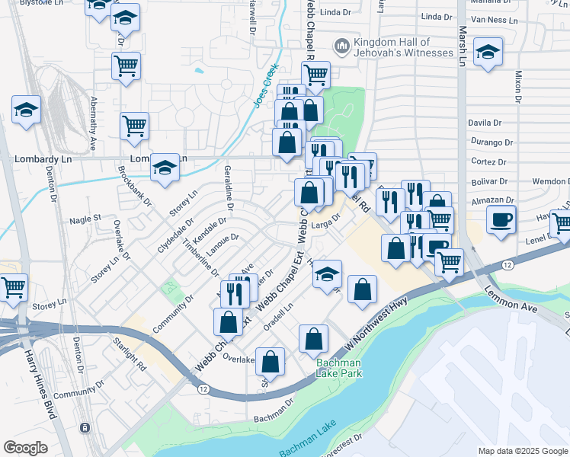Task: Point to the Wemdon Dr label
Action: [550, 181]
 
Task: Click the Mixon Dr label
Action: [518, 87]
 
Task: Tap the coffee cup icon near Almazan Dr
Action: [501, 221]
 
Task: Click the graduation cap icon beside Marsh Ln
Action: [488, 53]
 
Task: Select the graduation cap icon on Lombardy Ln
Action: [165, 168]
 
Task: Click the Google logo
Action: [26, 448]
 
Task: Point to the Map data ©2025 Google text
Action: [523, 451]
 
